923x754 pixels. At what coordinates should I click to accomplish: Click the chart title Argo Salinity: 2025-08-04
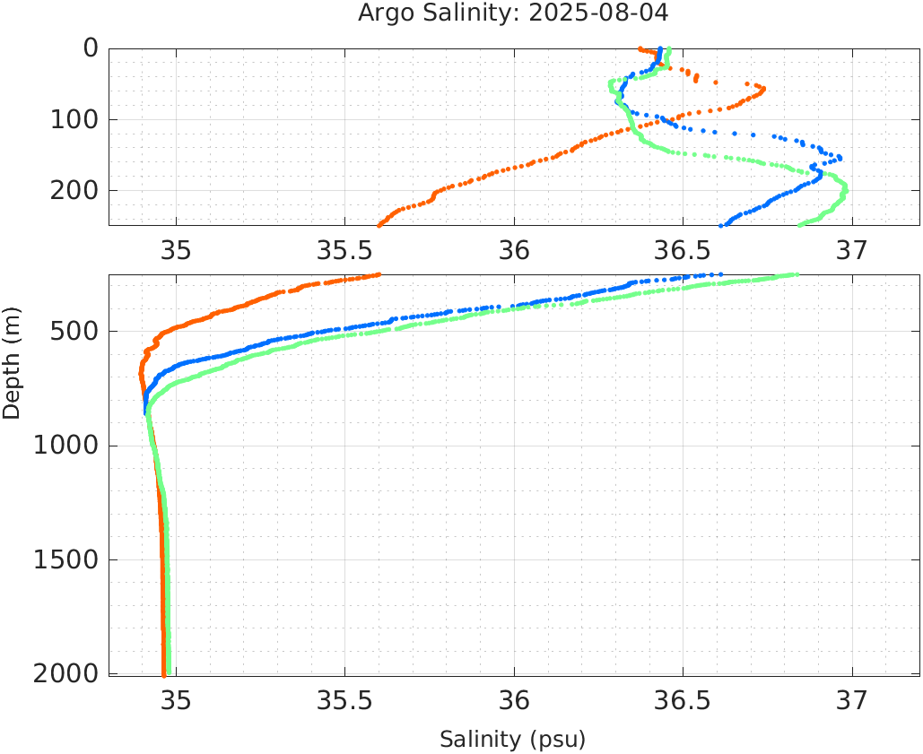(x=513, y=13)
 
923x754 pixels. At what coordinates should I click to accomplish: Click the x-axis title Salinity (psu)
(x=512, y=740)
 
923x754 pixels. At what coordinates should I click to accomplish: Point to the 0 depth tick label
(x=91, y=48)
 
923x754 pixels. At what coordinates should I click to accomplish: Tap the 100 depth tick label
(x=77, y=119)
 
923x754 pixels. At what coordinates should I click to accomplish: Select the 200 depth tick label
(x=77, y=190)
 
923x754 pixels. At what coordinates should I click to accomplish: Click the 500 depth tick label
(x=77, y=332)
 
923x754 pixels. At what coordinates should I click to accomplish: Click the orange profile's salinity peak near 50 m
(x=762, y=88)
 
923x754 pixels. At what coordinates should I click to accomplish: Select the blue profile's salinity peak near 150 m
(x=840, y=158)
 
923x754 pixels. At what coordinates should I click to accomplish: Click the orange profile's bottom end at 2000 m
(x=163, y=673)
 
